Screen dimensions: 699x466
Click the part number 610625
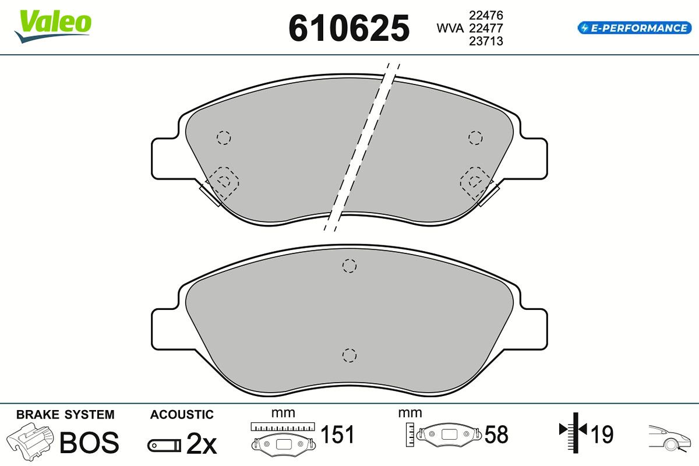coord(349,29)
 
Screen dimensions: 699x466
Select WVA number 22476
coord(486,15)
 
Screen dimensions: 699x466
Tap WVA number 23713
coord(486,41)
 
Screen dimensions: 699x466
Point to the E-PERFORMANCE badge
coord(634,28)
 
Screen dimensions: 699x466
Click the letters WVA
coord(450,29)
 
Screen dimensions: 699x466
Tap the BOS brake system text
coord(89,443)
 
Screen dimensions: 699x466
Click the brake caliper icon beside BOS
coord(30,442)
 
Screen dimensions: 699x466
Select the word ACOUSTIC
coord(182,415)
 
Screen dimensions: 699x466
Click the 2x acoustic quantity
coord(202,443)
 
